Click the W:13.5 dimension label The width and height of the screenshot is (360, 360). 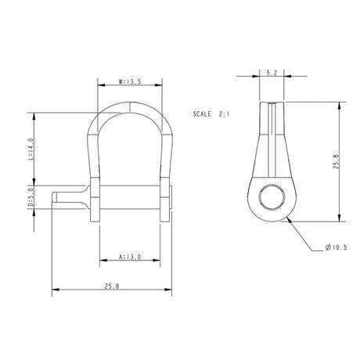click(x=130, y=80)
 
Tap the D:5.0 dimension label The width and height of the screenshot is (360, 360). click(x=30, y=198)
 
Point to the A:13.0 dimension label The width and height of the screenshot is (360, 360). click(x=130, y=256)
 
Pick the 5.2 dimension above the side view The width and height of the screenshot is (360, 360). click(x=271, y=73)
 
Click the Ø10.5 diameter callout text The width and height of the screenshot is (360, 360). click(x=335, y=248)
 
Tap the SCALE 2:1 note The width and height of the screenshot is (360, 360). click(x=210, y=113)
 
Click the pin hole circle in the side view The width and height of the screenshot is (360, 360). click(x=271, y=198)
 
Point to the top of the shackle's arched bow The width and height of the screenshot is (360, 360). click(x=130, y=105)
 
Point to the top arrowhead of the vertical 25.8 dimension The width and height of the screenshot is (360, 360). click(x=338, y=101)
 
